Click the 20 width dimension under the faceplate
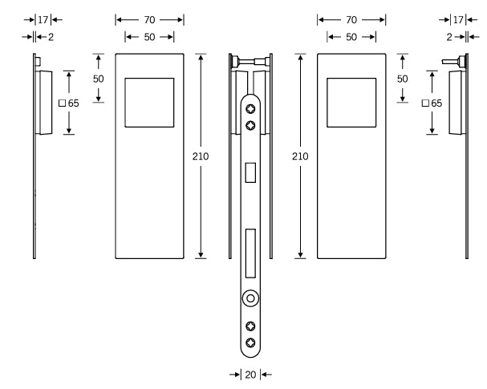[x=250, y=375]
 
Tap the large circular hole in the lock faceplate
[x=251, y=298]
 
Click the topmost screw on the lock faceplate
[x=251, y=109]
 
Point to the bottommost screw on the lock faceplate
[x=251, y=342]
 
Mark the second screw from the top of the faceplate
[x=251, y=124]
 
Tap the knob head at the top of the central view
[x=236, y=60]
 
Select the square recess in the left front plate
[x=150, y=102]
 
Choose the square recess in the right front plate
[x=351, y=102]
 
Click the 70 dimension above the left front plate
[x=149, y=18]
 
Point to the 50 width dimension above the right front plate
[x=351, y=38]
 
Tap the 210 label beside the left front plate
[x=201, y=156]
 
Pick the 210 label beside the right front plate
[x=300, y=156]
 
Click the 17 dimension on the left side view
[x=43, y=18]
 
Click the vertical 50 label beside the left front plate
[x=99, y=79]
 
